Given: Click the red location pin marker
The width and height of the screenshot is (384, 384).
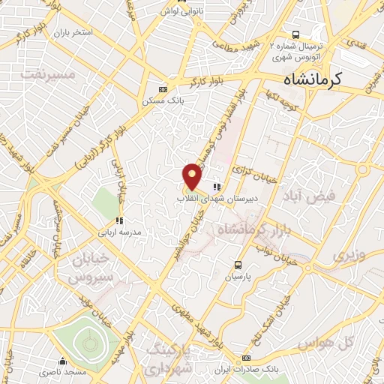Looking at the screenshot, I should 193,176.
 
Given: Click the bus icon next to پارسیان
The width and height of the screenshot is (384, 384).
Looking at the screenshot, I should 238,264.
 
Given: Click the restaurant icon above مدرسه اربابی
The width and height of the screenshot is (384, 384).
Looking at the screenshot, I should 118,220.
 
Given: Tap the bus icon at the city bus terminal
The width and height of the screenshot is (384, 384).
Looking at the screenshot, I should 295,34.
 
